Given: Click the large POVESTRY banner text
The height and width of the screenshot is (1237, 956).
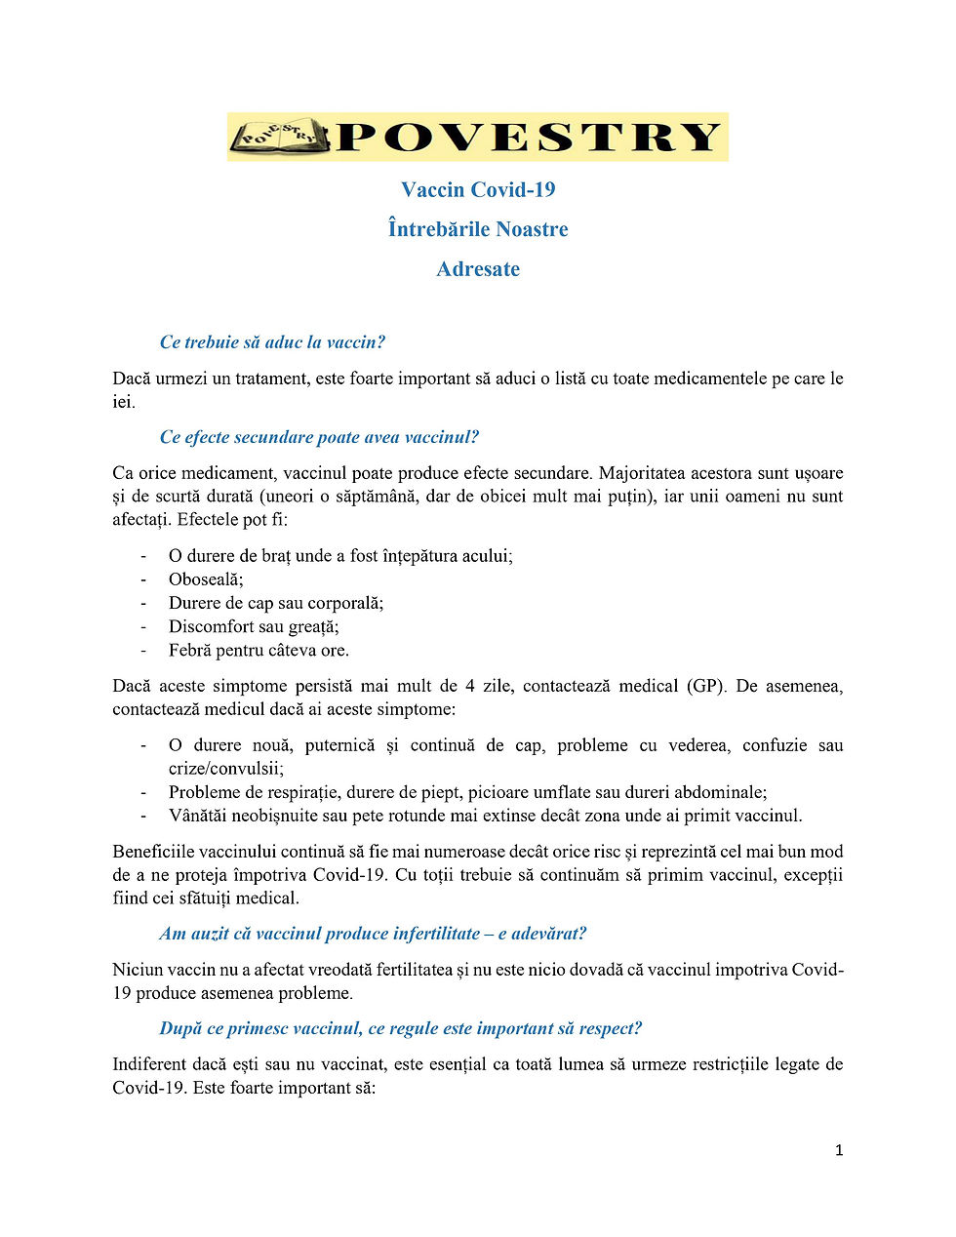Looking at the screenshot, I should click(528, 138).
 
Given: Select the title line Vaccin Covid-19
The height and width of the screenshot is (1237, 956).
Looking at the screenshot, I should click(478, 189).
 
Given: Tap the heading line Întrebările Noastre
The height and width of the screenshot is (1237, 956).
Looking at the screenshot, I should click(478, 229).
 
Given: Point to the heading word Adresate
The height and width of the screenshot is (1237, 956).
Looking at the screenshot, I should click(478, 269).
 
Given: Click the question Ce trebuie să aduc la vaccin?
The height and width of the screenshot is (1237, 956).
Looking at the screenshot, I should click(272, 342).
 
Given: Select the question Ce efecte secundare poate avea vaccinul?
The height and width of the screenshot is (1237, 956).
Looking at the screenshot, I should click(319, 437).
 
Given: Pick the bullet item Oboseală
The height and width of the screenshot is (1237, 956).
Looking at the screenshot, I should click(206, 579).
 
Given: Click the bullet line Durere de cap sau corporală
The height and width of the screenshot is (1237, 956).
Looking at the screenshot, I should click(276, 603).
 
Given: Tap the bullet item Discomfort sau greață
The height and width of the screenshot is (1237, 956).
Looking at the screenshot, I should click(254, 626).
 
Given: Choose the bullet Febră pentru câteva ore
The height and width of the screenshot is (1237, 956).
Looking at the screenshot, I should click(259, 650).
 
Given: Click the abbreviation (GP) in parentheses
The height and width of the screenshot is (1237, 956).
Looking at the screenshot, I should click(706, 686).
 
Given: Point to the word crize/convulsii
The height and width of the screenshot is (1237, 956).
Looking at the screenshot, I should click(225, 769).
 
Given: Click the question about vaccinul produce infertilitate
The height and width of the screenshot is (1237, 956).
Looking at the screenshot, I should click(373, 934).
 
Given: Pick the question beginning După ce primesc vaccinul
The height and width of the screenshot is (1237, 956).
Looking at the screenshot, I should click(400, 1028).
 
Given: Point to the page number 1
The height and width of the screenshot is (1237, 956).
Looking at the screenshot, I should click(839, 1151).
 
